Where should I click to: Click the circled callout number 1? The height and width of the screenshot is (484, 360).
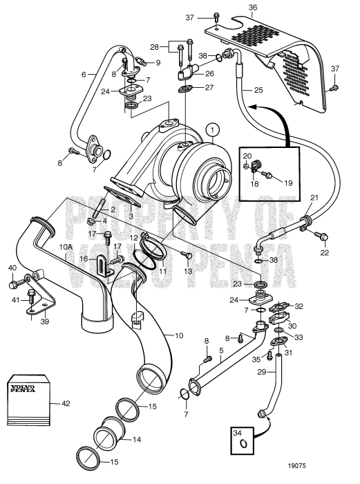tap(213, 130)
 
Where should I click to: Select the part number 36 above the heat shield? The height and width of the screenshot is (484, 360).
tap(252, 8)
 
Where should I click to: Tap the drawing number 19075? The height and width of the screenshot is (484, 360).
tap(297, 466)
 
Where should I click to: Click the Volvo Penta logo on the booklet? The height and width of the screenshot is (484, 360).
tap(23, 389)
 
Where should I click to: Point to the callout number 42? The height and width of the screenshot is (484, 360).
tap(66, 403)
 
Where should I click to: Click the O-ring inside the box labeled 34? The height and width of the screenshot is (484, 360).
tap(244, 444)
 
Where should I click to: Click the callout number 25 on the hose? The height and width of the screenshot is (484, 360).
tap(258, 89)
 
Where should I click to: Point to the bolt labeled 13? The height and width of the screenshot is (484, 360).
tap(187, 254)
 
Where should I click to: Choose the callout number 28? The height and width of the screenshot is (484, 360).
tap(155, 47)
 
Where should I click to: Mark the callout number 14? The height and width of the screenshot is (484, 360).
tap(136, 439)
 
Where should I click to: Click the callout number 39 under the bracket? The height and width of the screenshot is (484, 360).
tap(45, 322)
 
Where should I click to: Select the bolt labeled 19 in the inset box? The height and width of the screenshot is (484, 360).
tap(267, 176)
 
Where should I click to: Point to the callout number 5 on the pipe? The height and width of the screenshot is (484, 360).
tap(221, 351)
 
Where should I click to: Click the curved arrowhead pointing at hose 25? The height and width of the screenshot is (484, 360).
tap(253, 106)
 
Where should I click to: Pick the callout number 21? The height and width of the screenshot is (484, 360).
tap(314, 198)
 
